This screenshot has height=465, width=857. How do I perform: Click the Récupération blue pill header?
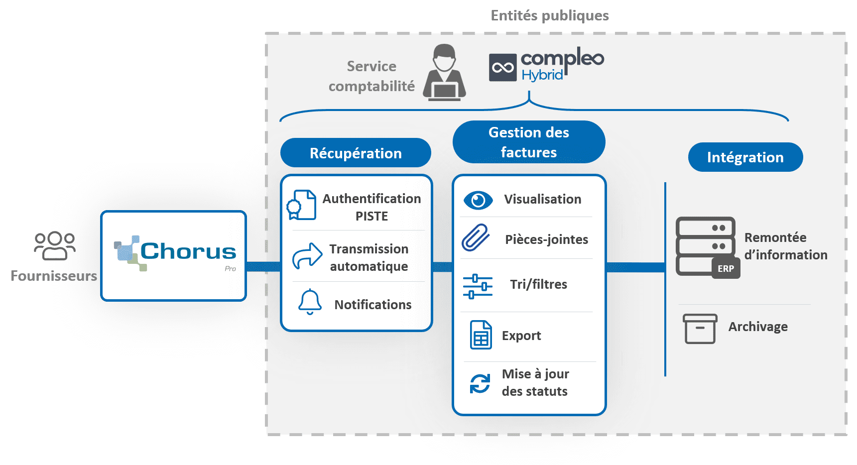(356, 153)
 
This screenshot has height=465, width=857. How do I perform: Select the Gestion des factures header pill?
(528, 142)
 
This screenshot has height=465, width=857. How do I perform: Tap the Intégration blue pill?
(745, 157)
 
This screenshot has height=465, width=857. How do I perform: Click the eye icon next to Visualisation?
(478, 200)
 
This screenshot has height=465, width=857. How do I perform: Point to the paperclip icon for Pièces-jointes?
(476, 237)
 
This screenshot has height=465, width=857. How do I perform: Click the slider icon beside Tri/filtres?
(478, 286)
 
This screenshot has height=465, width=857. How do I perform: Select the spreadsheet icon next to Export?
(481, 335)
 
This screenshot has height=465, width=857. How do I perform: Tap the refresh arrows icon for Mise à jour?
(480, 383)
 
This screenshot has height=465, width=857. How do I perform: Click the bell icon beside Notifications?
(310, 302)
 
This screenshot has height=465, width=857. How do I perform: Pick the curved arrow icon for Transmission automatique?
(307, 256)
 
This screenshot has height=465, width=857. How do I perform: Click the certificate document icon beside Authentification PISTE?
(302, 205)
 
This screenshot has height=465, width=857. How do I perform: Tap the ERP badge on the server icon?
(726, 268)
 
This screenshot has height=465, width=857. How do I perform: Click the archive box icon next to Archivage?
(700, 329)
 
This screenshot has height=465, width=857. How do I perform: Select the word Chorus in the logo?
(188, 251)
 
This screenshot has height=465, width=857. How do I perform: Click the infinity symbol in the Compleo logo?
(502, 68)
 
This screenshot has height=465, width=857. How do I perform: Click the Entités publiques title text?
(550, 16)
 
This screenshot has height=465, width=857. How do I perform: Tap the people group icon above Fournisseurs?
(54, 245)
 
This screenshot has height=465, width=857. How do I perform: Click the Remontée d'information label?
(785, 246)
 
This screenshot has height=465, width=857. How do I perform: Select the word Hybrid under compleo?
(542, 75)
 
